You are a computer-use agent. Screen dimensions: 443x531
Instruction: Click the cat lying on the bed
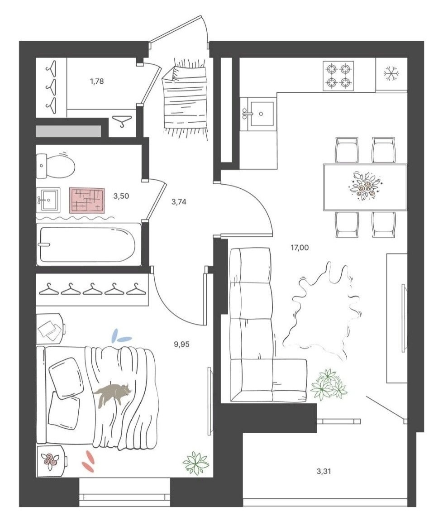coord(112,394)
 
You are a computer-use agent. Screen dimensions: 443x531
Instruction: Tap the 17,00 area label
coord(300,248)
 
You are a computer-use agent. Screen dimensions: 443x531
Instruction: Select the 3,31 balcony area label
coord(324,471)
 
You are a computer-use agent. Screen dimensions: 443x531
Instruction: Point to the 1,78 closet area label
coord(97,81)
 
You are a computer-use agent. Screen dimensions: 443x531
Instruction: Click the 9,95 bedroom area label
coord(182,344)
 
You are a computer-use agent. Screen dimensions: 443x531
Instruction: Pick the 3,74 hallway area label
coord(179,202)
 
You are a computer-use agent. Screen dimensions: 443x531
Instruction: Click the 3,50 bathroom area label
coord(121,196)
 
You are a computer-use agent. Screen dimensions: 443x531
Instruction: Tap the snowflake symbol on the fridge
coord(391,73)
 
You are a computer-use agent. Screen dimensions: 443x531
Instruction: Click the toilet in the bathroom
coord(56,166)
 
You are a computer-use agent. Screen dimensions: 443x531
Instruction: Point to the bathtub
coord(88,244)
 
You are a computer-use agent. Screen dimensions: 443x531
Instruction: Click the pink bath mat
coord(87,201)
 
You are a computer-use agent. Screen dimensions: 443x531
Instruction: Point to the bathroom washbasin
coord(48,200)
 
